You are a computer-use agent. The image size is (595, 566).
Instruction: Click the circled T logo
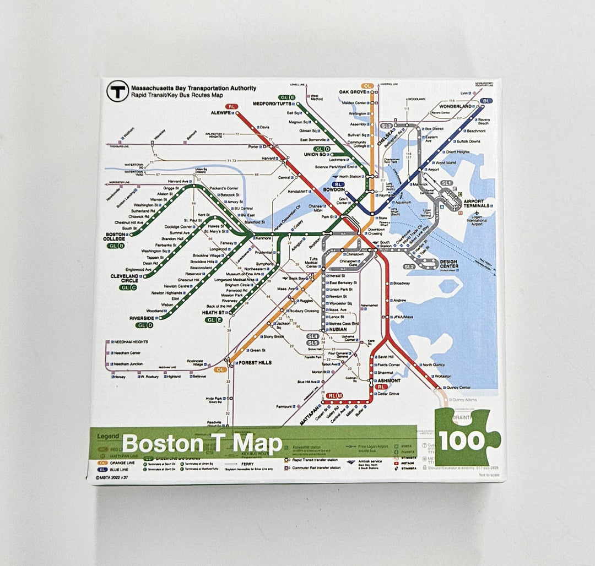coord(117,91)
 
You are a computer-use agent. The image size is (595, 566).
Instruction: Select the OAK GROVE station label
coord(353,92)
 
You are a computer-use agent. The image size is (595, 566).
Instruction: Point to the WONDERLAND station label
coord(455,106)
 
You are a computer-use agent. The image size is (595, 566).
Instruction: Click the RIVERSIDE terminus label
coord(142,318)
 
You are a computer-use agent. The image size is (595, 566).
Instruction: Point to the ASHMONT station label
coord(388,380)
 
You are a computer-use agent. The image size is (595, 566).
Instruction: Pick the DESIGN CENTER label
coord(448,264)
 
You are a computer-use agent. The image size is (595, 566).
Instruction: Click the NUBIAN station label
coord(338,329)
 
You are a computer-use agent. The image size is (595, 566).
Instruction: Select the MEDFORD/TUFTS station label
coord(272,104)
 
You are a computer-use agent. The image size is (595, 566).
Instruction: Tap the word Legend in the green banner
coord(108,436)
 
